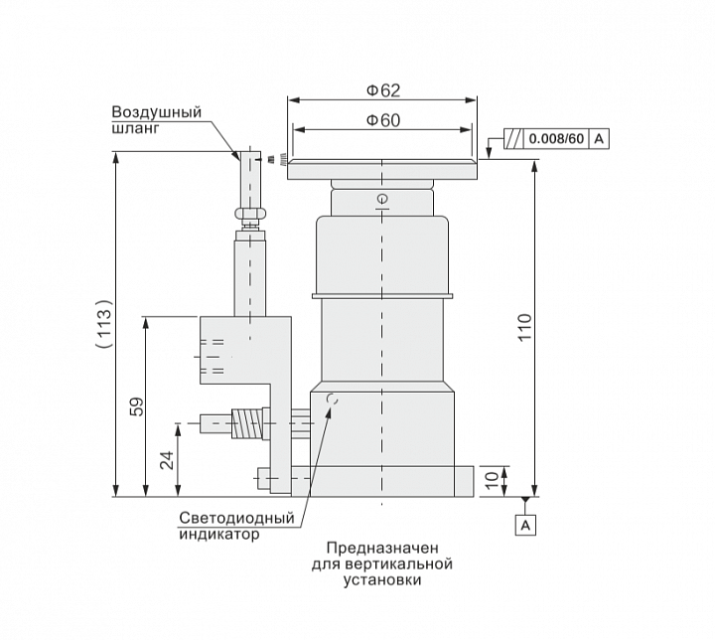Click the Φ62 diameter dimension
pyautogui.click(x=383, y=90)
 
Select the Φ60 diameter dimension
pyautogui.click(x=383, y=120)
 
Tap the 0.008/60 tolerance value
pyautogui.click(x=556, y=139)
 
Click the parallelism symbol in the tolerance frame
pyautogui.click(x=514, y=139)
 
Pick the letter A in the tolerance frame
pyautogui.click(x=599, y=139)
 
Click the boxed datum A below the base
pyautogui.click(x=525, y=525)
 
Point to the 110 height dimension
pyautogui.click(x=525, y=327)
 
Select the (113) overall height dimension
pyautogui.click(x=104, y=324)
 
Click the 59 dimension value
pyautogui.click(x=137, y=406)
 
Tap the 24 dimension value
pyautogui.click(x=167, y=460)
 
